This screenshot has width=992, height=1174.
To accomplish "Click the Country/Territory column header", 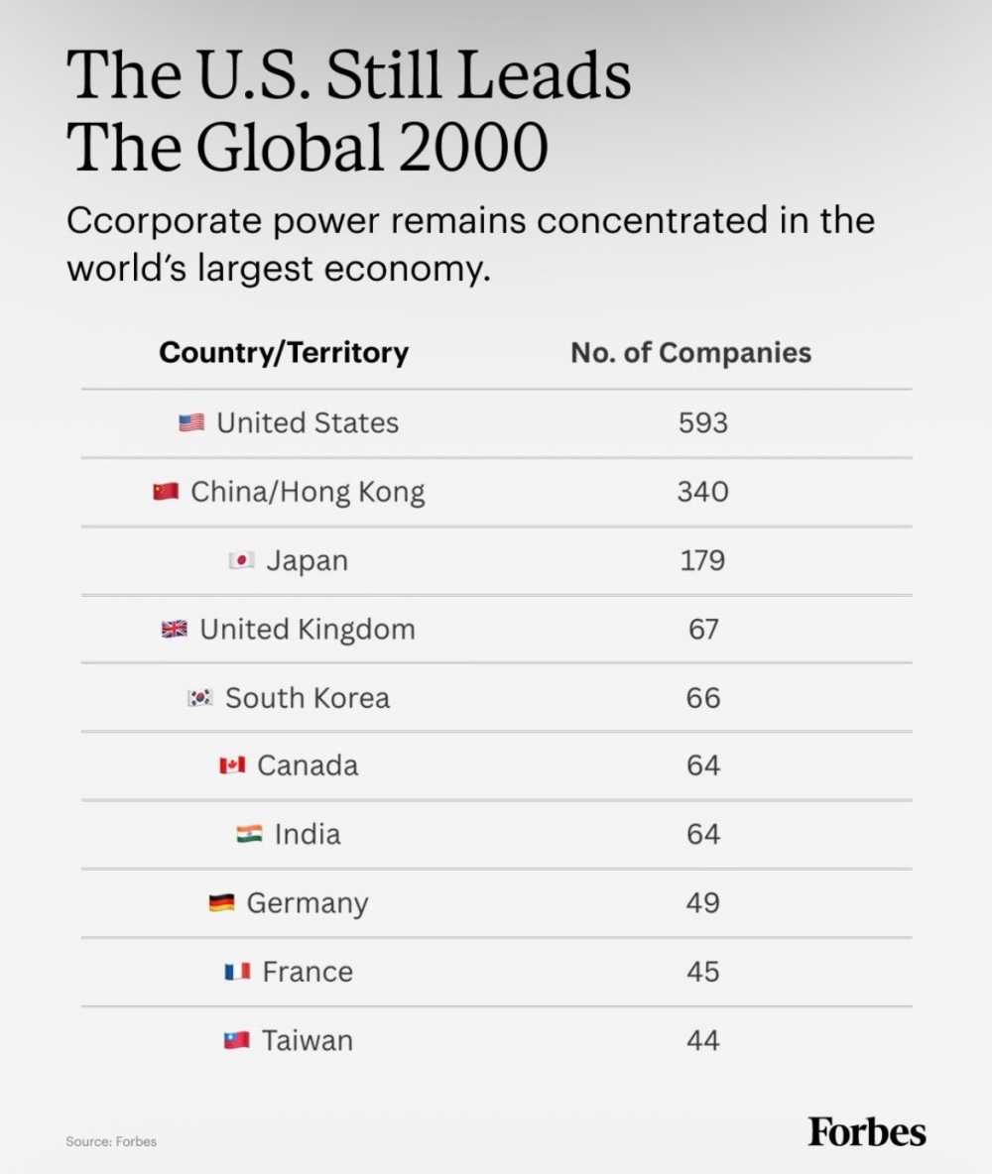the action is [284, 353].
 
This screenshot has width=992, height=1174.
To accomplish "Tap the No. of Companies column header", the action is [690, 353].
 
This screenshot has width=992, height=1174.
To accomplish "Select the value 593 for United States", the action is [702, 423].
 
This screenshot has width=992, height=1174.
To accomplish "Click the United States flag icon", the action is [191, 423].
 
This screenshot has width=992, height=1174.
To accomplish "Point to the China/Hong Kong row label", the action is [308, 493].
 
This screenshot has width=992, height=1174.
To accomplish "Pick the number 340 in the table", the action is [702, 492].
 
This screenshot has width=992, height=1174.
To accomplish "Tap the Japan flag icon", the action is [241, 560].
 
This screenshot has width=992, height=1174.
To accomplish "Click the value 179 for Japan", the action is [702, 561].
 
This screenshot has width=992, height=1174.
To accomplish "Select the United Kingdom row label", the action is [308, 630].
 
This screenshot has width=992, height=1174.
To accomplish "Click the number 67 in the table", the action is [703, 629].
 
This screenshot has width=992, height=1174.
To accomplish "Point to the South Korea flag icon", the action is [200, 698].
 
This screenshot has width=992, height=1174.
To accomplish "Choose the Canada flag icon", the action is [232, 765].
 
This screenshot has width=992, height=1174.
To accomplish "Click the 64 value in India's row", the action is [703, 834].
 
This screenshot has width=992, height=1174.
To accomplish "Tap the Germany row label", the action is [308, 903].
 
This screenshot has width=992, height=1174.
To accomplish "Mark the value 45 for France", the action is [702, 972].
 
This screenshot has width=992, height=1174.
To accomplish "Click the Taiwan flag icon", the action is [237, 1041].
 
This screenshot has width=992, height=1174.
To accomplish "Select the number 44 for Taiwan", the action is [702, 1041].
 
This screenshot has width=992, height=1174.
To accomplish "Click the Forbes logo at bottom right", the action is [867, 1132].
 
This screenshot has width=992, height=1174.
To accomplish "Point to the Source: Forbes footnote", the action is [111, 1142].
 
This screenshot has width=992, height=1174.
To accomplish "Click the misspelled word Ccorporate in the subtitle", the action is [165, 222].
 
